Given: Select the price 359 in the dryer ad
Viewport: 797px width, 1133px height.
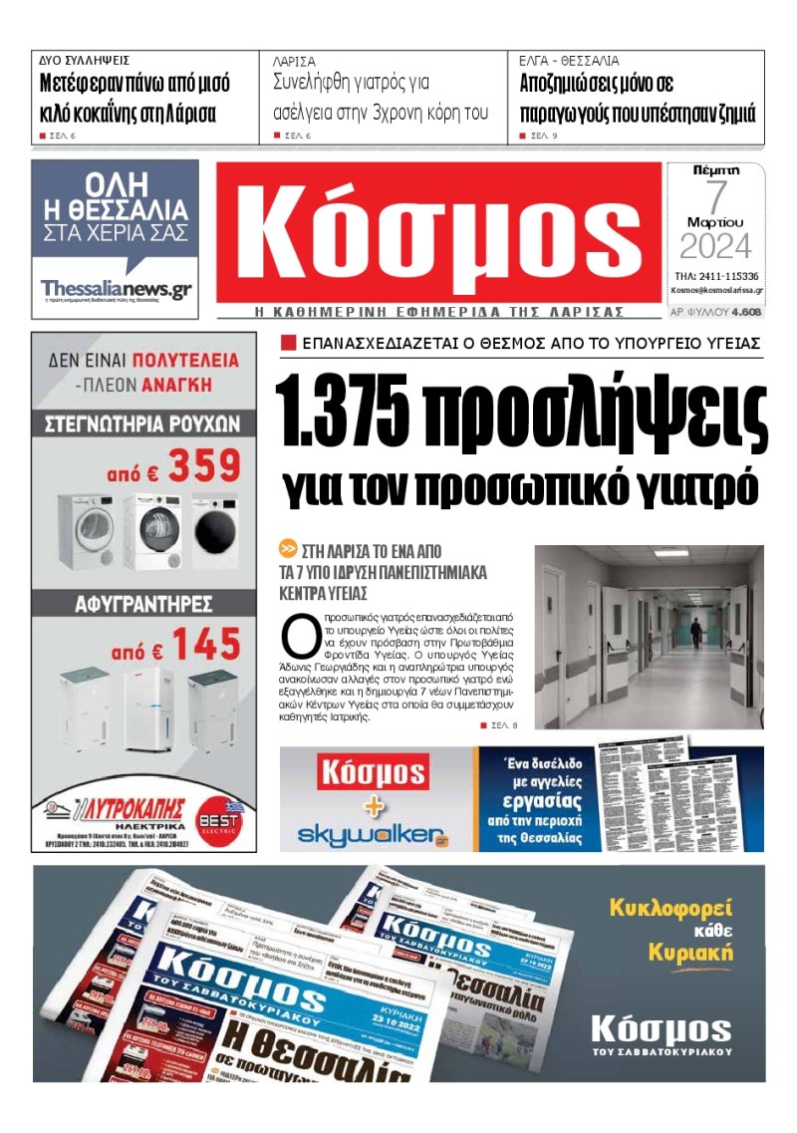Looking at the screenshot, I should point(204,465).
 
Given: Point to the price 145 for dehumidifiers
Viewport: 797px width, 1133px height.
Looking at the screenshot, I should point(204,644).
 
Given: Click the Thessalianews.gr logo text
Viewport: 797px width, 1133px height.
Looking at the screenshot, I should point(116,289).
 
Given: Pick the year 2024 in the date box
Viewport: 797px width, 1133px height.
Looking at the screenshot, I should point(715,245).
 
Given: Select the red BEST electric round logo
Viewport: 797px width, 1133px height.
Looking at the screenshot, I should point(221,810).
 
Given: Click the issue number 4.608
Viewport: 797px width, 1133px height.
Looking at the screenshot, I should point(746,312).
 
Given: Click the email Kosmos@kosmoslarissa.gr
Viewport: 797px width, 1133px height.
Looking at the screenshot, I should point(716,291).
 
